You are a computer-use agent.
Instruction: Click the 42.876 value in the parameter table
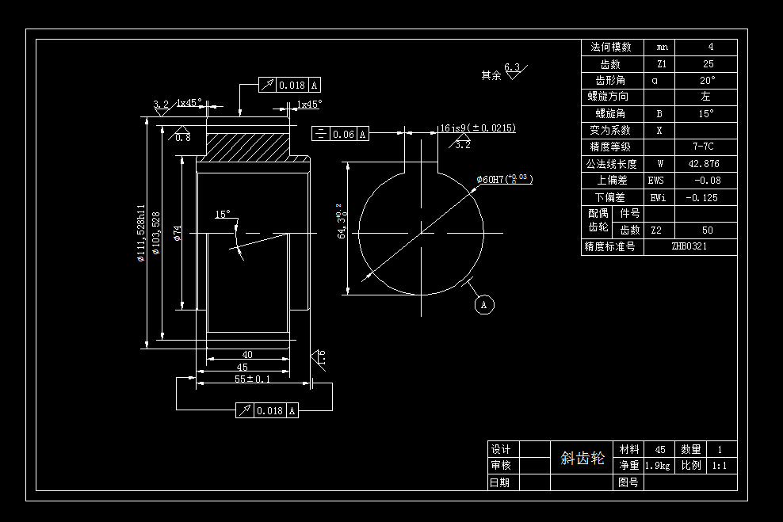click(x=705, y=164)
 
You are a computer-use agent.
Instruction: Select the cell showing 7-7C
click(x=705, y=147)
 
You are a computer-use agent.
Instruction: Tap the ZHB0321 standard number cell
click(x=689, y=246)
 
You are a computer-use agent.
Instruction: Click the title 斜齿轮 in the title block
click(x=582, y=458)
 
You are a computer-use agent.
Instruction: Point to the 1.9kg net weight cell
click(x=658, y=466)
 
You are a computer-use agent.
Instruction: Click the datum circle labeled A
click(x=485, y=303)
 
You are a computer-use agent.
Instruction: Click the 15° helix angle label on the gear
click(x=223, y=214)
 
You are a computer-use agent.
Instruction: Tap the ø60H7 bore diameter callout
click(x=504, y=180)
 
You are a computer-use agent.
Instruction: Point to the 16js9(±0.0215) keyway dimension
click(x=478, y=128)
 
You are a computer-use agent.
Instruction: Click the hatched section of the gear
click(x=246, y=144)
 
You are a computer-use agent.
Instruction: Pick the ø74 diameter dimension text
click(x=178, y=233)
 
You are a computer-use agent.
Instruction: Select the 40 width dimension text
click(x=247, y=354)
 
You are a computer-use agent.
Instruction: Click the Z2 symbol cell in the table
click(x=656, y=230)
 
